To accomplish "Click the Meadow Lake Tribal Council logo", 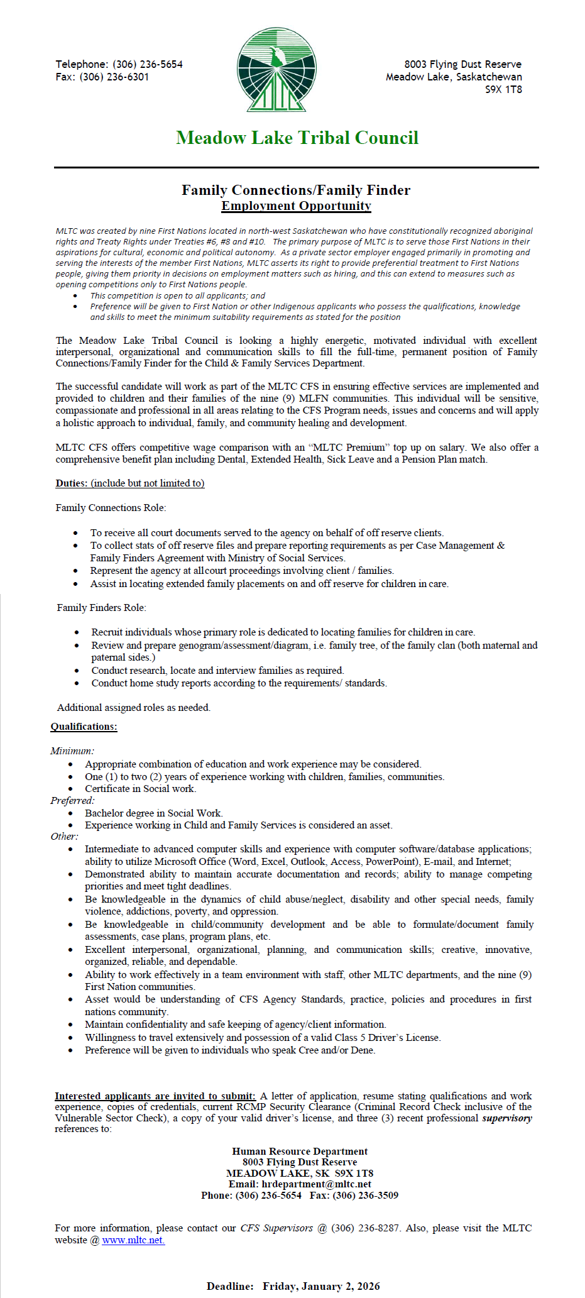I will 276,70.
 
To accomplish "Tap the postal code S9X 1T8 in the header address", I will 503,89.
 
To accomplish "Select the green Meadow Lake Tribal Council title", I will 297,138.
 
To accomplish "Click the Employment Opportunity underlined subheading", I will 296,206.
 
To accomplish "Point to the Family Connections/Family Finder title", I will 296,190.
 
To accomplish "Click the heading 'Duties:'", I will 71,483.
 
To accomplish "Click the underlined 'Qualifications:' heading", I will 84,727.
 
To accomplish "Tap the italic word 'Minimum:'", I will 72,751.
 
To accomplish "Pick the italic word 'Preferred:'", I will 72,801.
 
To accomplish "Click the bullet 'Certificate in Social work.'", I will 141,789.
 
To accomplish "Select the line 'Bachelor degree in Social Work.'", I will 154,813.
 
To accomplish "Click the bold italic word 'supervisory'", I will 507,1118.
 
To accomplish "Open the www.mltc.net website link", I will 133,1240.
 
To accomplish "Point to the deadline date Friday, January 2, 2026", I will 321,1286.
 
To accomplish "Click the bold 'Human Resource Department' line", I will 300,1152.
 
